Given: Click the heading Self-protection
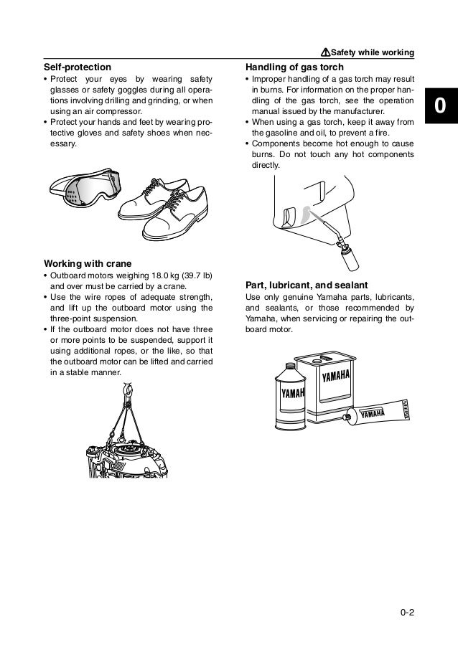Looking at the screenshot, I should click(78, 67).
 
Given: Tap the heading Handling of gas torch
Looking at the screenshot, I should click(294, 67).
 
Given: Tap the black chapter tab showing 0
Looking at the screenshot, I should click(439, 107).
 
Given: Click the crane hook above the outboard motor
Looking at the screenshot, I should click(130, 390).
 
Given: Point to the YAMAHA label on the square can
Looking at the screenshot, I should click(336, 377).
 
